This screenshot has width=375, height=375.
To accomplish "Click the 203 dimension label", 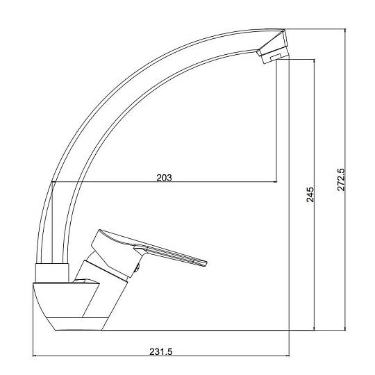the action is tap(164, 178).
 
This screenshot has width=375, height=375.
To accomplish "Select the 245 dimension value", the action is tap(310, 194).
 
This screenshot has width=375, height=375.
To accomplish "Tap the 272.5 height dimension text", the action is tap(341, 179).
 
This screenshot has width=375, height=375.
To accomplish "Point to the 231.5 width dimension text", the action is tap(160, 351).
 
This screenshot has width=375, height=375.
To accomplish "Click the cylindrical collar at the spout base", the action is tap(52, 273).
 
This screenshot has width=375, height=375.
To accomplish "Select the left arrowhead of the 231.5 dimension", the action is tap(34, 356).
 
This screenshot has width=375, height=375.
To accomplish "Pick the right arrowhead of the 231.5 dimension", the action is tap(287, 356).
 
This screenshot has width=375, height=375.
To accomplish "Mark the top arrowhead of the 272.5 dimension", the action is tap(345, 31).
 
